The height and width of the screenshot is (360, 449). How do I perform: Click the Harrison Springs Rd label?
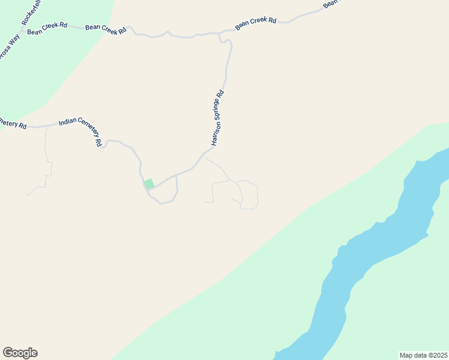pyautogui.click(x=217, y=118)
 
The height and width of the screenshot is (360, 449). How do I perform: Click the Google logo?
pyautogui.click(x=20, y=353)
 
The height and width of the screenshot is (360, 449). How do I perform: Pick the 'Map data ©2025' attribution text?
pyautogui.click(x=423, y=355)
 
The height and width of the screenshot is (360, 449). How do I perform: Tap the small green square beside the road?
pyautogui.click(x=149, y=184)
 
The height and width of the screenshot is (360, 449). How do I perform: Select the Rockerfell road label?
pyautogui.click(x=31, y=12)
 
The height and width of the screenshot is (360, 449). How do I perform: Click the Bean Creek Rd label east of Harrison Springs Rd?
pyautogui.click(x=256, y=23)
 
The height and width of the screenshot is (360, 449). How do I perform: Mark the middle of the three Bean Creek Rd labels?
pyautogui.click(x=106, y=29)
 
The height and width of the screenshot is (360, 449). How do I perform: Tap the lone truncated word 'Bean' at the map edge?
pyautogui.click(x=331, y=4)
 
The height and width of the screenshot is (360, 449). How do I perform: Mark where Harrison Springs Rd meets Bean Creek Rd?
pyautogui.click(x=219, y=34)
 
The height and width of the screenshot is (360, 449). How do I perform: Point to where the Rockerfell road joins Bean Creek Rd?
pyautogui.click(x=22, y=28)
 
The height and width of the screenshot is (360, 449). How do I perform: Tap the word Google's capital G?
pyautogui.click(x=8, y=353)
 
